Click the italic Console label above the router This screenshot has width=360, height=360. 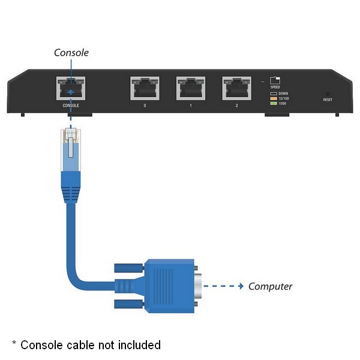point(71,53)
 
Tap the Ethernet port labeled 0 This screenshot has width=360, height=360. point(145,89)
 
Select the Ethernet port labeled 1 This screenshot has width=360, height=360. point(190,89)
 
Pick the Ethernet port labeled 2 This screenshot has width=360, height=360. point(236,89)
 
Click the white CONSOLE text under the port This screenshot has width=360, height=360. point(71,106)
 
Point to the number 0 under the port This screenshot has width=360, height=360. point(145,106)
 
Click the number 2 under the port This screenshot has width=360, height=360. point(236,106)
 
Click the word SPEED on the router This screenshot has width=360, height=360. point(275,88)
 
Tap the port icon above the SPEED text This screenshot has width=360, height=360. point(275,80)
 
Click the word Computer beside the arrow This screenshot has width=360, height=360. point(270,286)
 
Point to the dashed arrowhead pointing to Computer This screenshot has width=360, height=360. point(241,286)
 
